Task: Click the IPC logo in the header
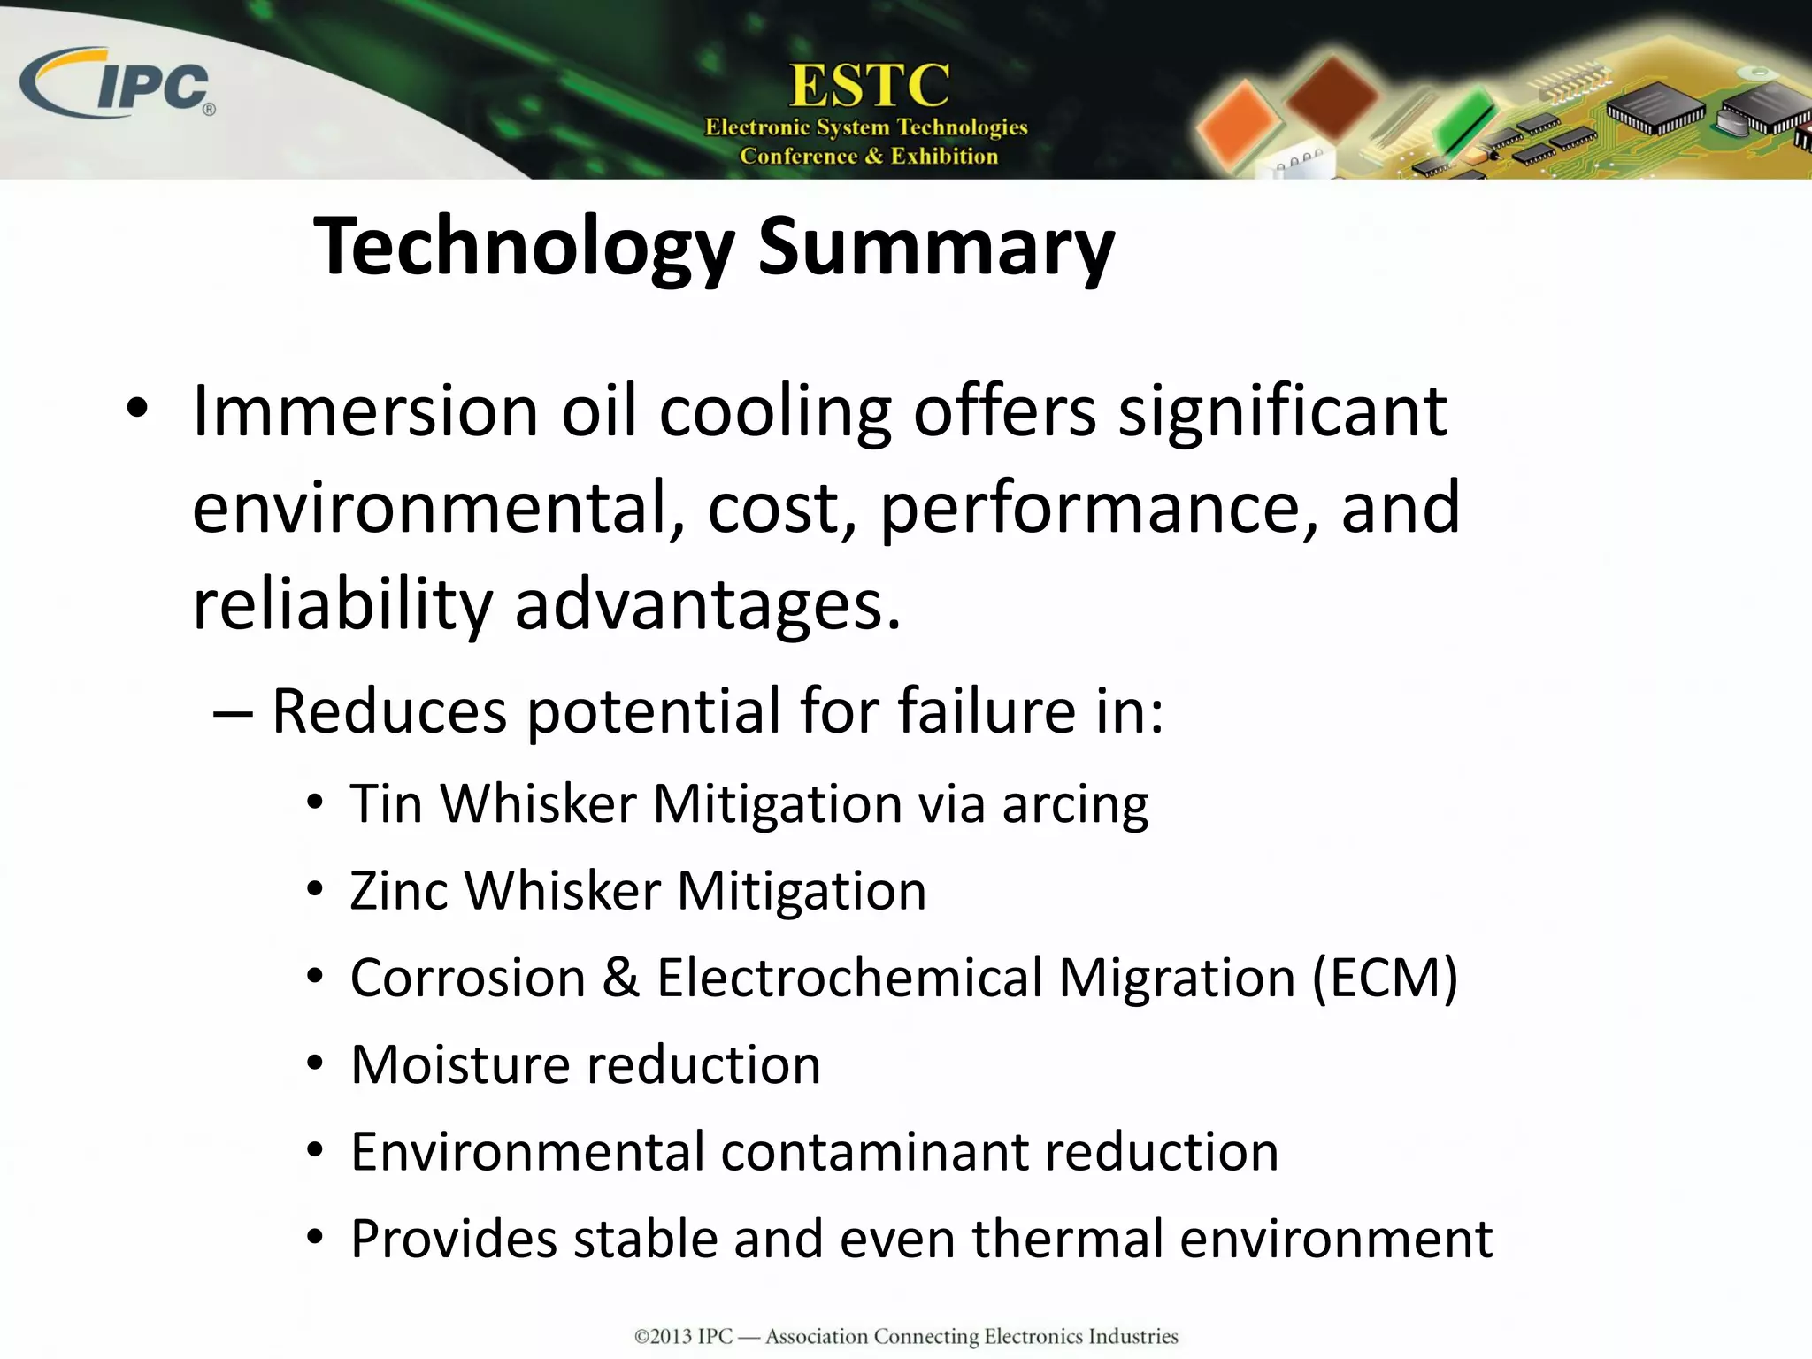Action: [119, 84]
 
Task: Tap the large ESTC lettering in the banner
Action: [870, 87]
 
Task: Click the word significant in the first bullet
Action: [1282, 414]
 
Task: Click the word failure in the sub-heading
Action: [987, 710]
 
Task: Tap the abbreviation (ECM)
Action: [1385, 979]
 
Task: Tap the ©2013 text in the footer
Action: [663, 1336]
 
